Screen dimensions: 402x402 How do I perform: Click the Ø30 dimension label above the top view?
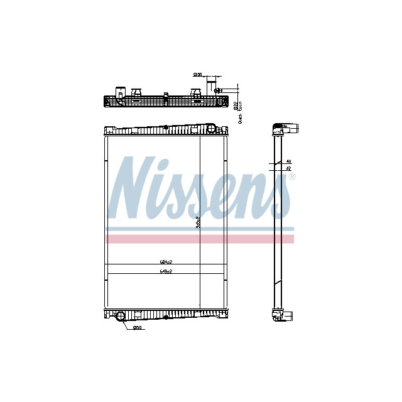[197, 75]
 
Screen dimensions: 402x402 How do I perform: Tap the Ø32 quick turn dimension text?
[237, 105]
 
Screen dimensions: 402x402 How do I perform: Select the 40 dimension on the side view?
[288, 161]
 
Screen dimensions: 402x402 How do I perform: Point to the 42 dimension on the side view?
[288, 168]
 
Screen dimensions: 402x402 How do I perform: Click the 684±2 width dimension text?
[165, 262]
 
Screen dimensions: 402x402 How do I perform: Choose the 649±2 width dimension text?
[165, 271]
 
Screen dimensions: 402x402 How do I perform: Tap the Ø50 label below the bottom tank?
[138, 327]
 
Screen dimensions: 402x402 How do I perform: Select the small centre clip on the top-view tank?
[166, 95]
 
